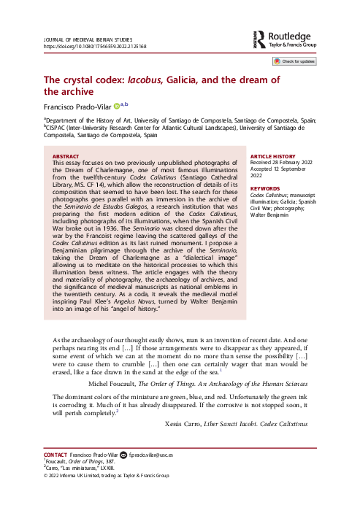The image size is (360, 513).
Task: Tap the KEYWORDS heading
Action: (266, 188)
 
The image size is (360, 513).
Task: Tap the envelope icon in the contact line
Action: (123, 455)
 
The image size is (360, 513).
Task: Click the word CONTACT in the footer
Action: (58, 455)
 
